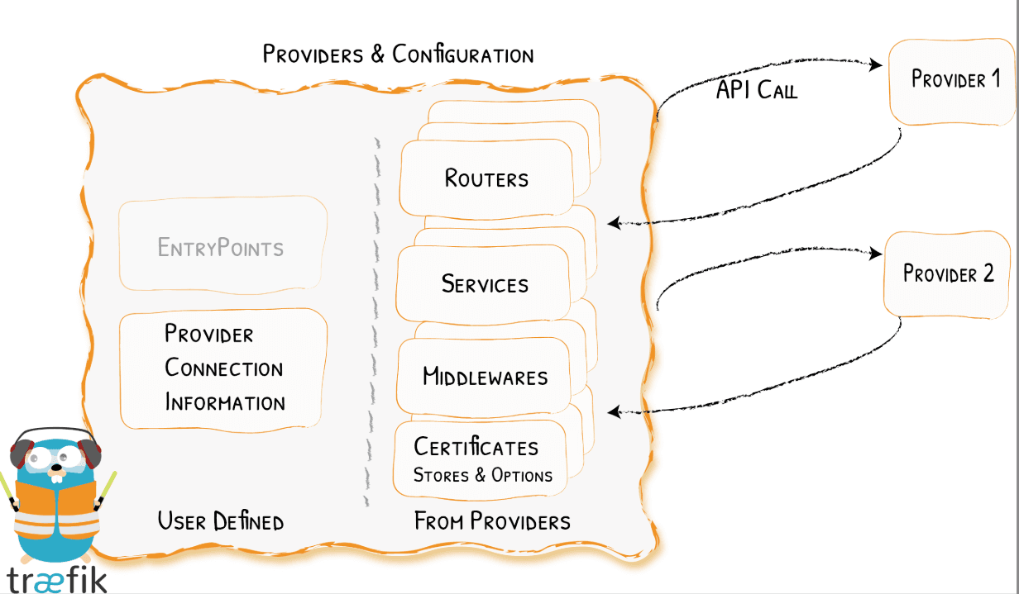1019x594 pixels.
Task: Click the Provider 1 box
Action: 954,80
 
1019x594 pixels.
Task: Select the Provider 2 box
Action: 948,274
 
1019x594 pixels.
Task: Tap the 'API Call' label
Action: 756,90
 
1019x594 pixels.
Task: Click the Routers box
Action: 486,178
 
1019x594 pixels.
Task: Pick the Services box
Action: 485,284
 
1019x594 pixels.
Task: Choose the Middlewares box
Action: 486,378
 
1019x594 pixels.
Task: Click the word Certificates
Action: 476,447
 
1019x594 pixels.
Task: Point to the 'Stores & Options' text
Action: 483,476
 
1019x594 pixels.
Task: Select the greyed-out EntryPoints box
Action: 222,247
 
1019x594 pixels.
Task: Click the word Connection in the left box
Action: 224,368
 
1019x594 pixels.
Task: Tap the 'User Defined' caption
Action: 221,521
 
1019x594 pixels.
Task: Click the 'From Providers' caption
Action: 492,521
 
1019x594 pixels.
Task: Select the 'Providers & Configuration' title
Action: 398,55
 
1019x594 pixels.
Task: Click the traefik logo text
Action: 56,578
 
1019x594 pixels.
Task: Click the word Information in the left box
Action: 225,403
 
